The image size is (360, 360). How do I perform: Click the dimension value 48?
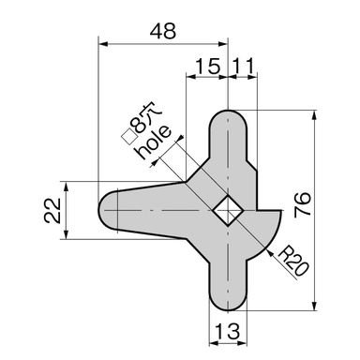tap(163, 31)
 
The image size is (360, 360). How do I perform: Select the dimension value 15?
tap(207, 67)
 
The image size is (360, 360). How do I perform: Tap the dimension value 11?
tap(243, 67)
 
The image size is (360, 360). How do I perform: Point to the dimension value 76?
tap(303, 204)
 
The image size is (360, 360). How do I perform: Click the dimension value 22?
tap(52, 210)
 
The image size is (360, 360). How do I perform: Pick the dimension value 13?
tap(228, 331)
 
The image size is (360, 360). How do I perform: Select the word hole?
tap(153, 142)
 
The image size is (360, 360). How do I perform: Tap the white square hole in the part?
tap(229, 210)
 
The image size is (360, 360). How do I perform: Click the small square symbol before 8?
tap(128, 137)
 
